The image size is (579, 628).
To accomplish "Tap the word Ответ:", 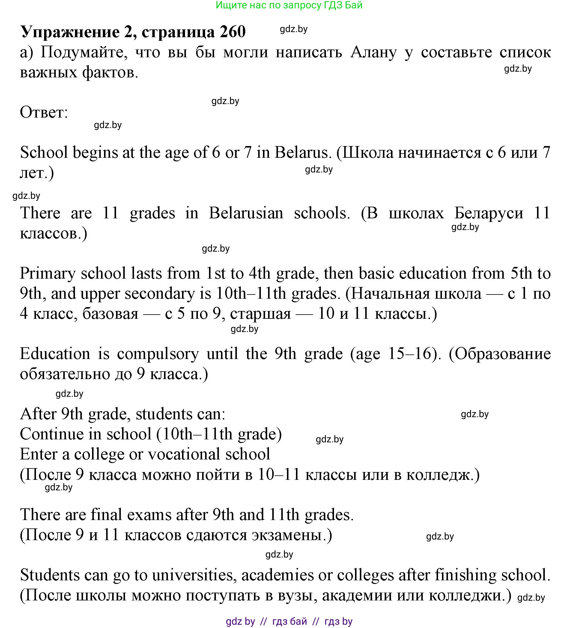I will point(44,112).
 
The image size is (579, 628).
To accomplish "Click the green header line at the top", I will point(289,5).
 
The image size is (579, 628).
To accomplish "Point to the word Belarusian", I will point(246,213).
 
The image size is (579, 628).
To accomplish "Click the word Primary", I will point(48,274).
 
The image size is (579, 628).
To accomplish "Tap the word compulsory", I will point(158,354).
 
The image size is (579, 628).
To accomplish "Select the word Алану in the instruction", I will point(373,52).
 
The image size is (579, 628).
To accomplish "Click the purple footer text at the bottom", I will point(289,621).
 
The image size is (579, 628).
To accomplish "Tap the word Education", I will point(55,354).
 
